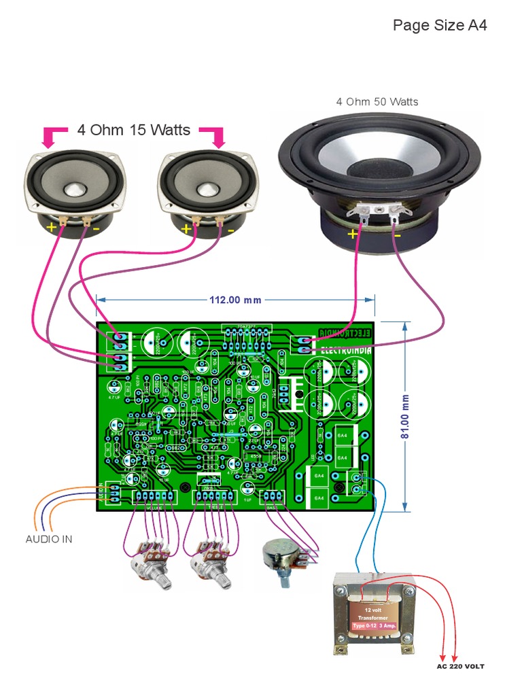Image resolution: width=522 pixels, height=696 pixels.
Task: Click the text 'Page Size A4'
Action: [x=440, y=26]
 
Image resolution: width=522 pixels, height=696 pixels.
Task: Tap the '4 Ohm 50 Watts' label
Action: [x=377, y=102]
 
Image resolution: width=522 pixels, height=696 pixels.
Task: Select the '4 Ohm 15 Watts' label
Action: [x=134, y=130]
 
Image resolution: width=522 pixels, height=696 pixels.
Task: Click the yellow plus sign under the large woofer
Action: [x=353, y=234]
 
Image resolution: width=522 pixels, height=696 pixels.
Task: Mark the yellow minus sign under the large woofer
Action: [x=397, y=235]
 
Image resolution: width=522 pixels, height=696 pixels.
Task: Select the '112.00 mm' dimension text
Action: [x=234, y=300]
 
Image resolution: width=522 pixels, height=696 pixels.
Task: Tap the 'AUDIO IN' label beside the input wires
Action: [x=49, y=539]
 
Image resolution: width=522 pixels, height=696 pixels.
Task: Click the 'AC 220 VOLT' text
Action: [x=460, y=666]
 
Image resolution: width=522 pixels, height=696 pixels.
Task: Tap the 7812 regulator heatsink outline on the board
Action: [x=292, y=393]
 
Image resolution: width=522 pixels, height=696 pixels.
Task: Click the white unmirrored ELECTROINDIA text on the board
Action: [x=345, y=351]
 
